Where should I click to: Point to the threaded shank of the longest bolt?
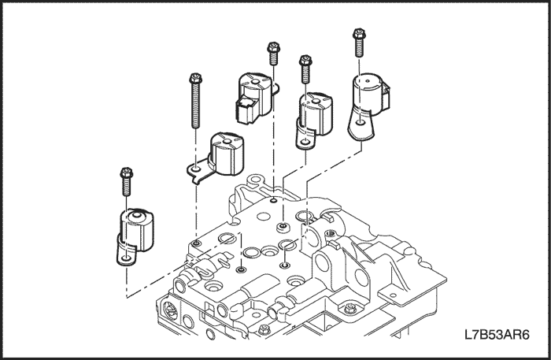[193, 106]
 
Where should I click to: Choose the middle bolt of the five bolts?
[272, 52]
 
